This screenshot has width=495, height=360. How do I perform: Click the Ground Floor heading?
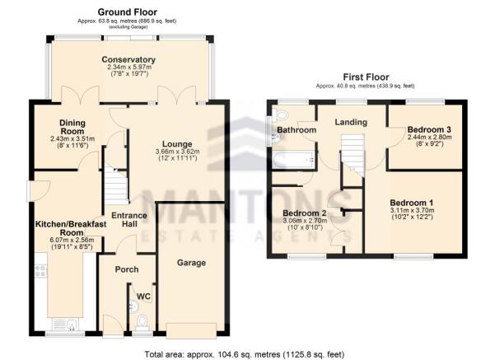pyautogui.click(x=127, y=12)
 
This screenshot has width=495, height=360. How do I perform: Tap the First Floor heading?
pyautogui.click(x=366, y=77)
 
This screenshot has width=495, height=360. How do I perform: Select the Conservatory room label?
pyautogui.click(x=128, y=59)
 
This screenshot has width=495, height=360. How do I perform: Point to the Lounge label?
pyautogui.click(x=177, y=144)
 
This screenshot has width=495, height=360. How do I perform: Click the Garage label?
pyautogui.click(x=191, y=263)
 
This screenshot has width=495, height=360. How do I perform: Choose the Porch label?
pyautogui.click(x=127, y=269)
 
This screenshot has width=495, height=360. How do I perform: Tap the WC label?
pyautogui.click(x=143, y=297)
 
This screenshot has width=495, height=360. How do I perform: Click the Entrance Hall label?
pyautogui.click(x=129, y=219)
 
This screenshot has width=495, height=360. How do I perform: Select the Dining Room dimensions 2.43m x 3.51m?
pyautogui.click(x=72, y=138)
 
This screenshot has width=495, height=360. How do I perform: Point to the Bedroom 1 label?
pyautogui.click(x=412, y=203)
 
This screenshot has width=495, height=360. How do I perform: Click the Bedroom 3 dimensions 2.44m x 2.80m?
pyautogui.click(x=429, y=138)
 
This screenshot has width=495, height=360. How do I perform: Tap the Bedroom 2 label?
pyautogui.click(x=305, y=213)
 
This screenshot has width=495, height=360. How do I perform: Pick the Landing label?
pyautogui.click(x=351, y=122)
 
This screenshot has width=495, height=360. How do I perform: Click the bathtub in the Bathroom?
pyautogui.click(x=293, y=160)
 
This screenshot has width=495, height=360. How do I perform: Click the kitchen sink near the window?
pyautogui.click(x=65, y=325)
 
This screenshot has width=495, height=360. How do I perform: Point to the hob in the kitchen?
pyautogui.click(x=41, y=271)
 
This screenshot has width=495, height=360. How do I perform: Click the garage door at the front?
pyautogui.click(x=192, y=330)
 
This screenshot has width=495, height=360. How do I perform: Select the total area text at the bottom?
pyautogui.click(x=245, y=354)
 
